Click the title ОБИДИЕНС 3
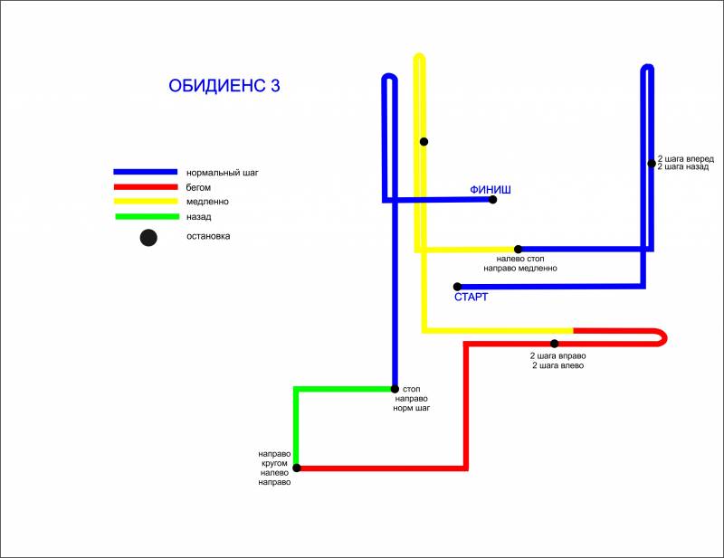pyautogui.click(x=224, y=86)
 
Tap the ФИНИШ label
pyautogui.click(x=491, y=189)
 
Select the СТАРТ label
pyautogui.click(x=471, y=297)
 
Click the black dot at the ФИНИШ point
pyautogui.click(x=493, y=199)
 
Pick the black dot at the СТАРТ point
pyautogui.click(x=457, y=287)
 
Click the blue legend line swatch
pyautogui.click(x=145, y=172)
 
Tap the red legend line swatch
pyautogui.click(x=145, y=187)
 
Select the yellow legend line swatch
pyautogui.click(x=145, y=202)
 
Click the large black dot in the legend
pyautogui.click(x=148, y=238)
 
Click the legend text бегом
pyautogui.click(x=198, y=187)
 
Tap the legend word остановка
pyautogui.click(x=208, y=236)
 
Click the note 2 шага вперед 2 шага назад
pyautogui.click(x=686, y=163)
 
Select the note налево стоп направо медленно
pyautogui.click(x=519, y=263)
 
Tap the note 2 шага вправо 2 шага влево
pyautogui.click(x=557, y=360)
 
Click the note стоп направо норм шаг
pyautogui.click(x=410, y=398)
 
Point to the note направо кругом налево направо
pyautogui.click(x=274, y=468)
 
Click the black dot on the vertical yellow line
pyautogui.click(x=424, y=141)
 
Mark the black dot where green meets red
pyautogui.click(x=297, y=468)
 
